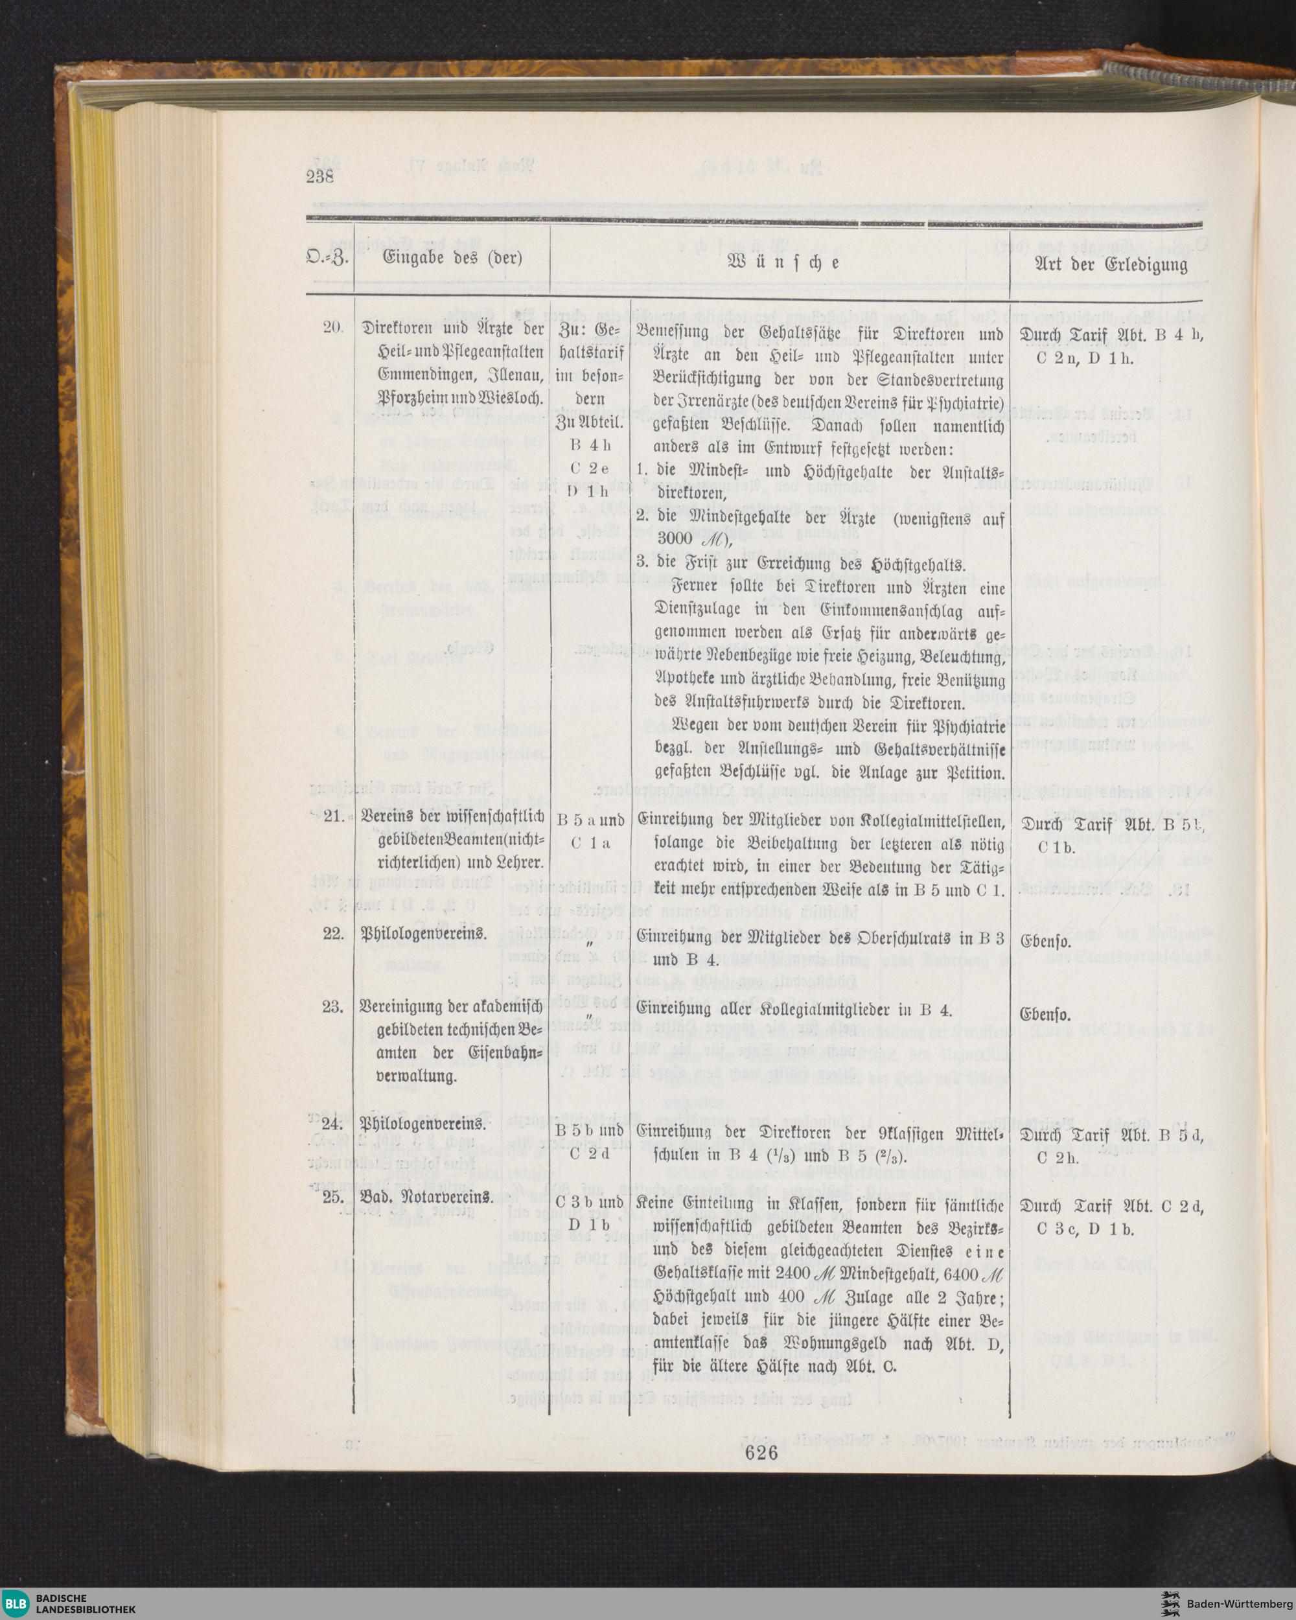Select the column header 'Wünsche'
tap(782, 264)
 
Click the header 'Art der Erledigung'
tap(1111, 264)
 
